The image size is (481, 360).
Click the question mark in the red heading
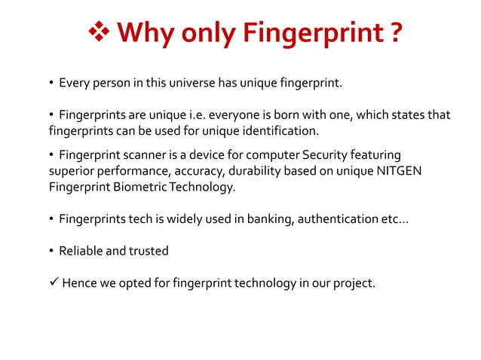tap(394, 34)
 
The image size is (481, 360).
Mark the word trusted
tap(149, 251)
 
